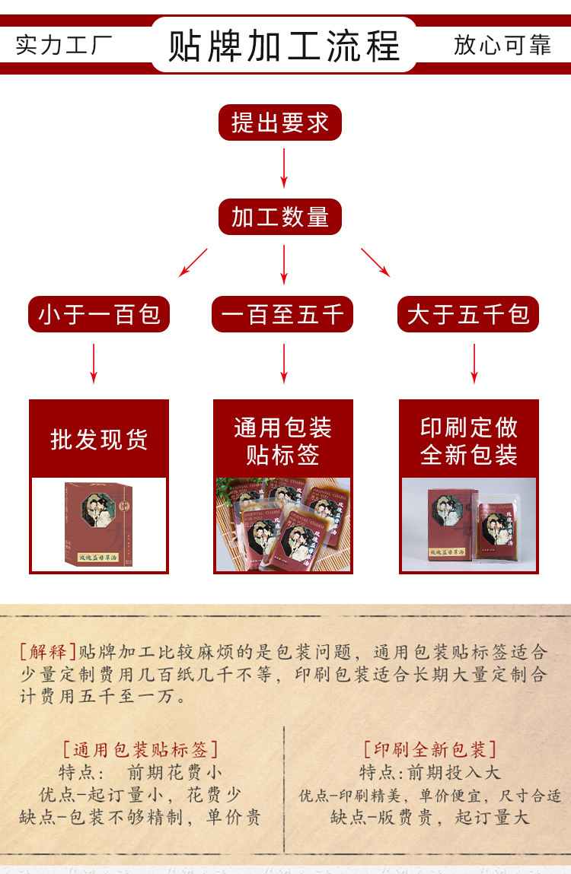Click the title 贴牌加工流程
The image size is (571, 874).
tap(283, 46)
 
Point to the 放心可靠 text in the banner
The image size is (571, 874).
tap(502, 45)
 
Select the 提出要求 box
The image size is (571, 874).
tap(280, 122)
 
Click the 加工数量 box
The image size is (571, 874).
tap(280, 218)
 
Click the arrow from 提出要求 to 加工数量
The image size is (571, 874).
tap(284, 168)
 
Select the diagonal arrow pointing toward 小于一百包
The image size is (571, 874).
tap(193, 262)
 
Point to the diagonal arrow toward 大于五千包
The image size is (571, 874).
tap(375, 262)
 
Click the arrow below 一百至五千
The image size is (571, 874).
tap(284, 364)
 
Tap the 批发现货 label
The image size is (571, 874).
tap(99, 440)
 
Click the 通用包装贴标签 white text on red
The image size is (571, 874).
tap(283, 441)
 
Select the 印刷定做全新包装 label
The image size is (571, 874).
tap(469, 441)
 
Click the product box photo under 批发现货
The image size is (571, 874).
tap(99, 525)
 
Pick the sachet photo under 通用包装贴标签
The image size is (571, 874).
tap(283, 525)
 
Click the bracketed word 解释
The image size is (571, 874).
tap(48, 652)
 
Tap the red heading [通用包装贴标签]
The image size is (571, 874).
tap(141, 750)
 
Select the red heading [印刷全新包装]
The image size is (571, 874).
tap(430, 750)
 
